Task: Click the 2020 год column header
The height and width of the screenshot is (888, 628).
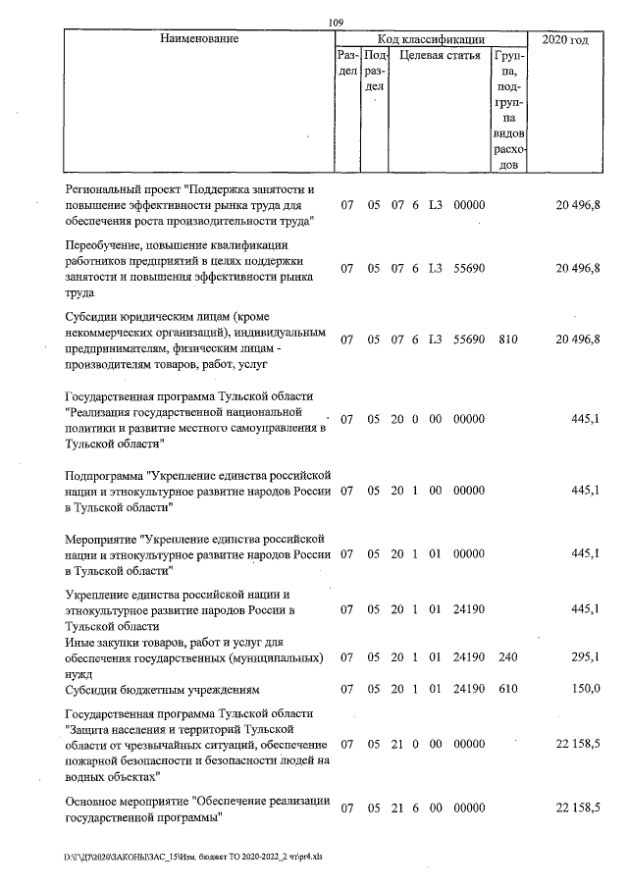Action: (564, 39)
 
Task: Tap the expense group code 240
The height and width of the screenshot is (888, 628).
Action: (507, 656)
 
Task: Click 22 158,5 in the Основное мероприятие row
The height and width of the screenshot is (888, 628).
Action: (578, 808)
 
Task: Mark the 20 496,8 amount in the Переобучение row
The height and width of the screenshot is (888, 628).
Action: (578, 269)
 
